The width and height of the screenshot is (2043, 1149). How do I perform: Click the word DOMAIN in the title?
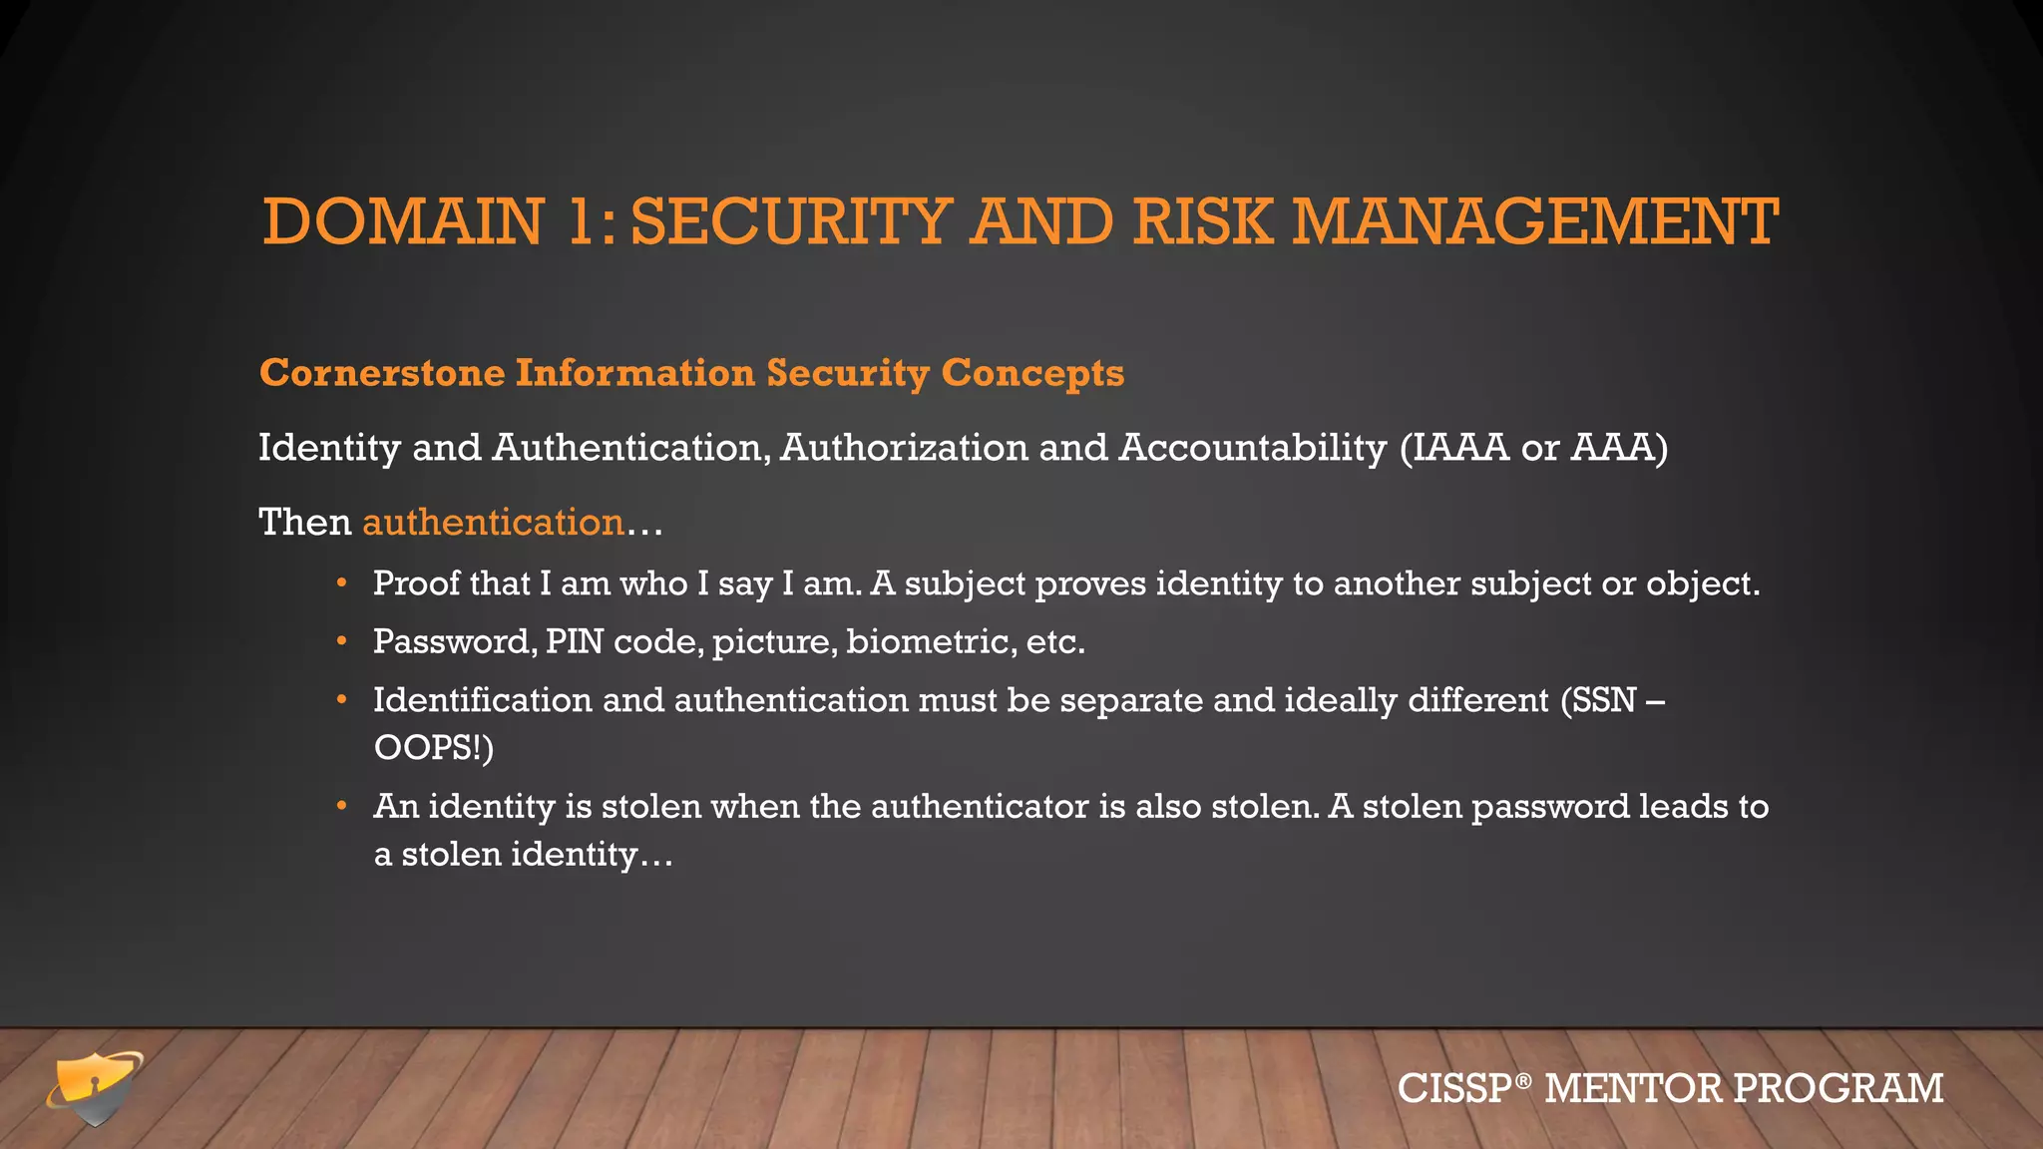tap(403, 221)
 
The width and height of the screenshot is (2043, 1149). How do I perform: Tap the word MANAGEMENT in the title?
tap(1535, 221)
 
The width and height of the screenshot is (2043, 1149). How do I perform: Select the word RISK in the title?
tap(1202, 221)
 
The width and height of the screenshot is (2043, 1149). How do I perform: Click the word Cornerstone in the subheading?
tap(382, 373)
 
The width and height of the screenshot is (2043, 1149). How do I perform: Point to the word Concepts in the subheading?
tap(1032, 373)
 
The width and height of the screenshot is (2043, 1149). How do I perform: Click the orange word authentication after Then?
tap(493, 523)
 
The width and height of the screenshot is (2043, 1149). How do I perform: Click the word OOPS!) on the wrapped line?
tap(433, 747)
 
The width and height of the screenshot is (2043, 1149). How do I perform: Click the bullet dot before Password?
tap(342, 641)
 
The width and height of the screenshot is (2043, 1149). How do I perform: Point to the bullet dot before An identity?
tap(342, 806)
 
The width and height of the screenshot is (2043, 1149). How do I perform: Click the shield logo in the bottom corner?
tap(94, 1088)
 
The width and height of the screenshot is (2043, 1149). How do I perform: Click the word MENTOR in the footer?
tap(1633, 1088)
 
